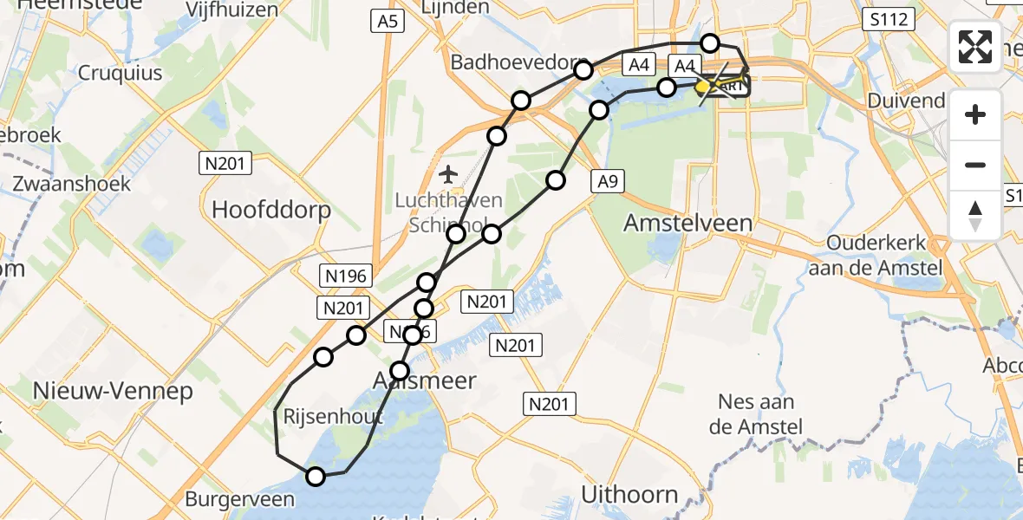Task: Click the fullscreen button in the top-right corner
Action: pyautogui.click(x=975, y=47)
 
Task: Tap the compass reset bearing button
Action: pyautogui.click(x=975, y=216)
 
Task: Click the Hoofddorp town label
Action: pyautogui.click(x=264, y=208)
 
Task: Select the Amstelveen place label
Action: pyautogui.click(x=687, y=223)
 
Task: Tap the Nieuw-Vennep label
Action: pyautogui.click(x=113, y=391)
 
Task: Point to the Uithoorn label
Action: pyautogui.click(x=629, y=495)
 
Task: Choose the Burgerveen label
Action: pyautogui.click(x=239, y=499)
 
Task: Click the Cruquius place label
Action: pyautogui.click(x=121, y=73)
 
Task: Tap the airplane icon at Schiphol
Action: pyautogui.click(x=448, y=175)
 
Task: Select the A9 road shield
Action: pyautogui.click(x=607, y=181)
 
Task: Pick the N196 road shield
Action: pyautogui.click(x=346, y=276)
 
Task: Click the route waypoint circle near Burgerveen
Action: pyautogui.click(x=316, y=476)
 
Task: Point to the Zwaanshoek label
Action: pyautogui.click(x=71, y=184)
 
